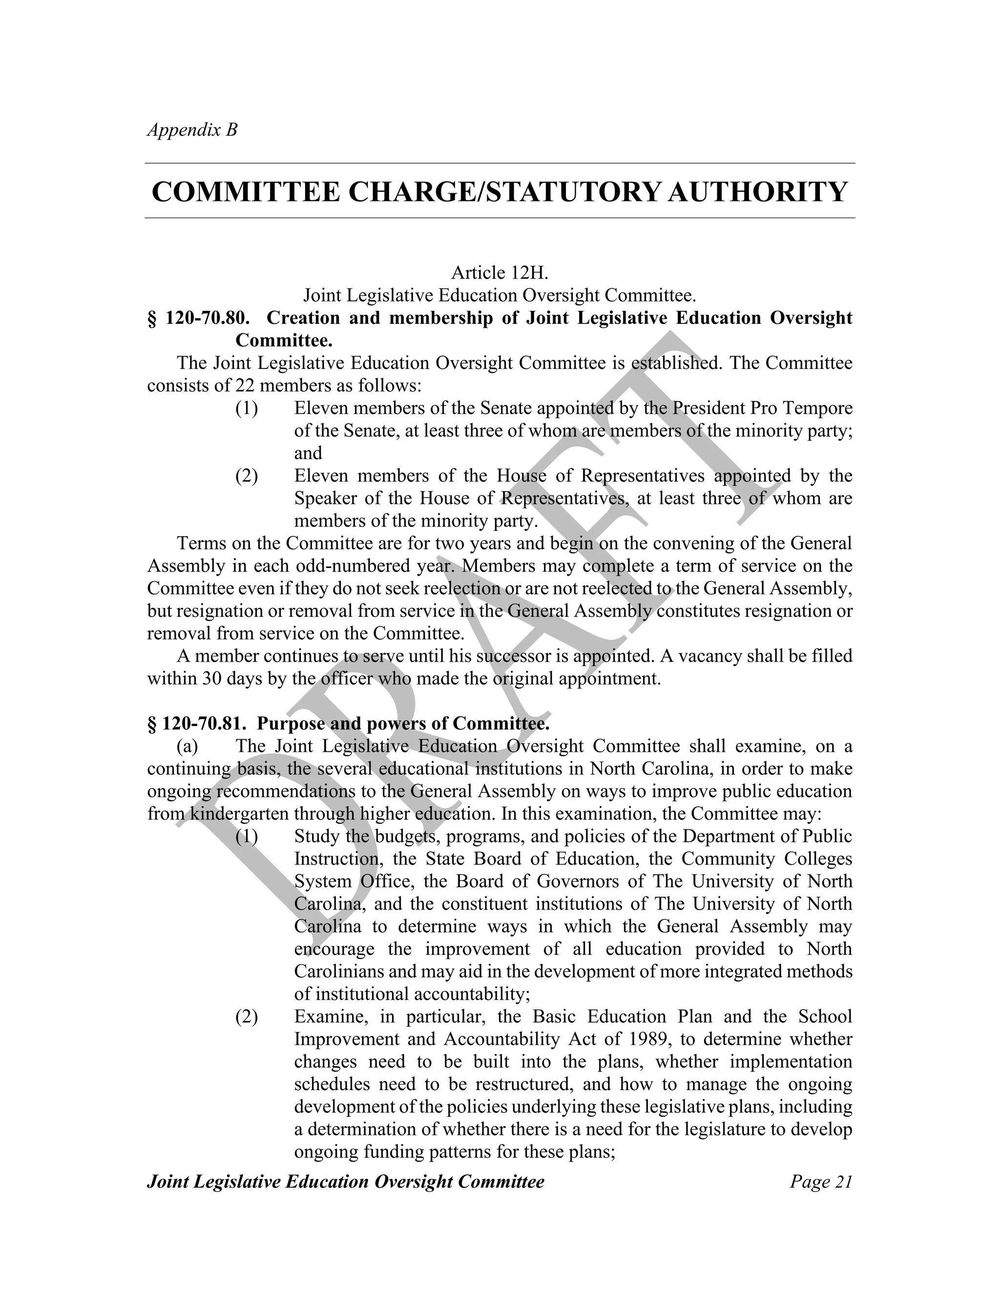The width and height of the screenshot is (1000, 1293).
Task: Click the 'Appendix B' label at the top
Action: tap(192, 130)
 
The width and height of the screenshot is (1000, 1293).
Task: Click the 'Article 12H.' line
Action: tap(500, 273)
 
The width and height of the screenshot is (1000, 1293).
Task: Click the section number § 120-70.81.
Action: tap(198, 724)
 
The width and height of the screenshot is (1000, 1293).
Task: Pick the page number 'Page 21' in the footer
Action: tap(820, 1181)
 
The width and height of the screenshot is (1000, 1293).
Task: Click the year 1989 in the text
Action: tap(650, 1039)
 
